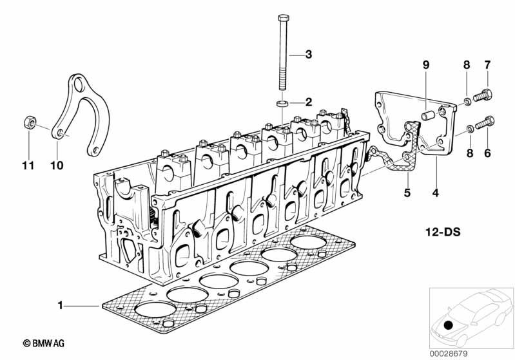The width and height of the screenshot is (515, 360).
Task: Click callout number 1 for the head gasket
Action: click(x=61, y=306)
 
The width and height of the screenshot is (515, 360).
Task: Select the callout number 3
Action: click(x=308, y=55)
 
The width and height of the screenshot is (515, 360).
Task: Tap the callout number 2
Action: click(x=308, y=102)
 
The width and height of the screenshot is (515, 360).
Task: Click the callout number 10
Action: click(x=57, y=166)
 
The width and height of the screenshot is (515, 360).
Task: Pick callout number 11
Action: click(x=26, y=166)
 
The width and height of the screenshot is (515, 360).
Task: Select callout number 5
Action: click(x=407, y=192)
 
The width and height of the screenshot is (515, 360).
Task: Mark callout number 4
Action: click(x=436, y=192)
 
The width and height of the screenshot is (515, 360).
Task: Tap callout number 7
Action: click(x=487, y=64)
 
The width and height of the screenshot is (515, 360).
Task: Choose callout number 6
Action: click(x=487, y=153)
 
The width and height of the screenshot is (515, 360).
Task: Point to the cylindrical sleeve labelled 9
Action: click(x=426, y=117)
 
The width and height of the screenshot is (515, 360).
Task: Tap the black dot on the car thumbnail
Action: click(x=449, y=326)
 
